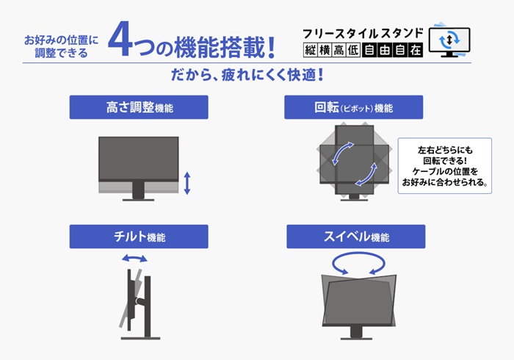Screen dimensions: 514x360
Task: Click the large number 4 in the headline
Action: [x=120, y=39]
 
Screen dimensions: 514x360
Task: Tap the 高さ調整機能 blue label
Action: [x=139, y=107]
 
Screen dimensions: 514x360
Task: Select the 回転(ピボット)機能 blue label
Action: [x=354, y=107]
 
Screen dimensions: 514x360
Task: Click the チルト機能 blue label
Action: [x=139, y=237]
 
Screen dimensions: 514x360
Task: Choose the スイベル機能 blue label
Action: [x=356, y=237]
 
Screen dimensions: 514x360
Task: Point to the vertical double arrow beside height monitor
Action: [x=187, y=183]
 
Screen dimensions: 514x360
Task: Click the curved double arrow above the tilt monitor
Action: [x=134, y=259]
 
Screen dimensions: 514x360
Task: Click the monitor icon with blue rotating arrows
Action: [x=449, y=41]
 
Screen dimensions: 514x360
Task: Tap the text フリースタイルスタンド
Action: [x=363, y=34]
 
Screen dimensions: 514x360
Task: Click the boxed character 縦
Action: [x=310, y=50]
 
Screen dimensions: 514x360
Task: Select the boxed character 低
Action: [x=353, y=50]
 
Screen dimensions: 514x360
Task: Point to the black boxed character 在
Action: [x=415, y=50]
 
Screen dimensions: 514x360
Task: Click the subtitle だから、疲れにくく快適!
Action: [x=247, y=75]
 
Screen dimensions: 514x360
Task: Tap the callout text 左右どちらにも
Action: [x=445, y=150]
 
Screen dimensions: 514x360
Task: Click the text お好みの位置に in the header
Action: [x=61, y=40]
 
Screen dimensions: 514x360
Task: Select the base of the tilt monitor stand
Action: [x=140, y=338]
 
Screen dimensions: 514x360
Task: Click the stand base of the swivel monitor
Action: [x=356, y=339]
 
